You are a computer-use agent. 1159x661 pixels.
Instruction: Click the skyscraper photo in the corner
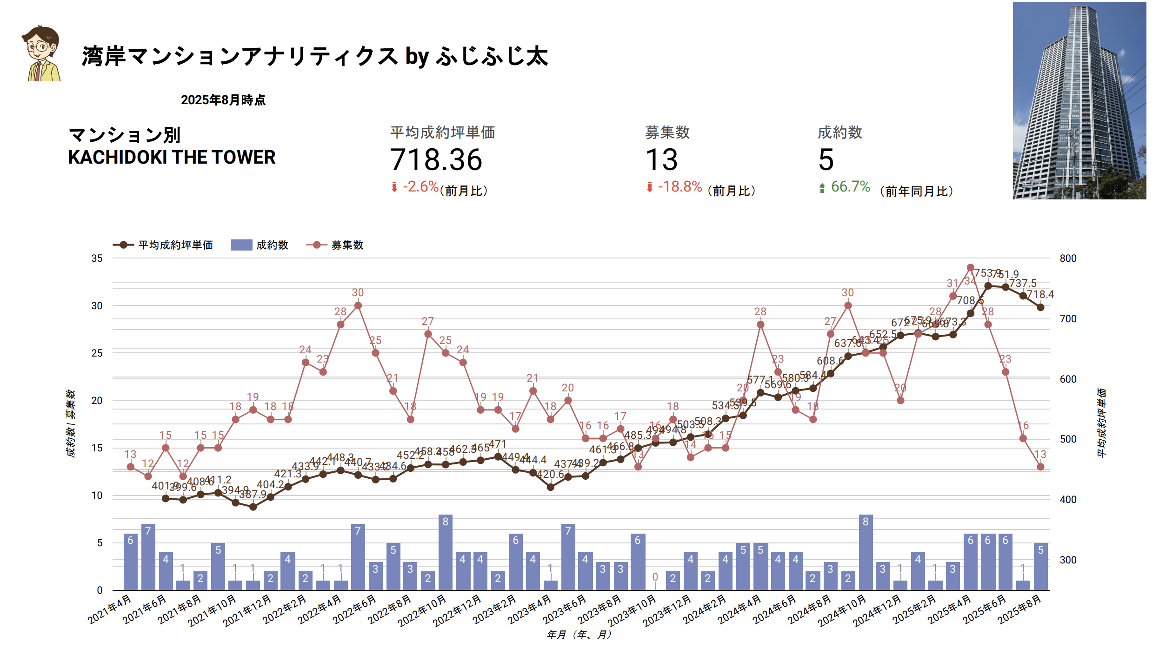tap(1079, 100)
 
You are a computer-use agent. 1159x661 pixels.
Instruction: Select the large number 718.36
tap(436, 160)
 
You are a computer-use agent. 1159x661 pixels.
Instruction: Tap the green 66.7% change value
tap(850, 187)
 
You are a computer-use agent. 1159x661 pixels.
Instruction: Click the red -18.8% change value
tap(679, 187)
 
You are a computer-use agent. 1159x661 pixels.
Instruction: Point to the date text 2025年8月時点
tap(223, 100)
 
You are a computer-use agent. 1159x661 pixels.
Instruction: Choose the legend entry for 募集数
tap(335, 245)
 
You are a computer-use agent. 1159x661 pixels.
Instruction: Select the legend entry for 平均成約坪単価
tap(163, 245)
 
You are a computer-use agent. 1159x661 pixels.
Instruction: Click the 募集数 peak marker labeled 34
tap(970, 268)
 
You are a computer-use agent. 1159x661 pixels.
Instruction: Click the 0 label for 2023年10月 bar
tap(655, 577)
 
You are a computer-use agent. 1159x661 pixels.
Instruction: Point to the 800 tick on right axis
tap(1068, 258)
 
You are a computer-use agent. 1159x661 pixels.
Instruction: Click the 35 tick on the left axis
tap(97, 258)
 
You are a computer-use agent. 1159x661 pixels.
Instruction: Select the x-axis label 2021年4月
tap(110, 609)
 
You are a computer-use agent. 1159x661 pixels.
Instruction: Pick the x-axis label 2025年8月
tap(1019, 609)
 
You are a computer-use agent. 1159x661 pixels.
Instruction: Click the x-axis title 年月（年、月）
tap(579, 635)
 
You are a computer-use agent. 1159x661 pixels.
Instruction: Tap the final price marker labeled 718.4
tap(1040, 307)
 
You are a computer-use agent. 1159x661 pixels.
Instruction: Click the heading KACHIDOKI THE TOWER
tap(172, 157)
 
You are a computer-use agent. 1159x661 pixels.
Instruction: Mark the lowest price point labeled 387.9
tap(253, 507)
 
